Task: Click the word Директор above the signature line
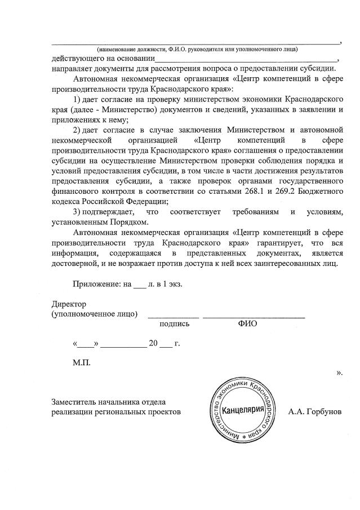point(68,304)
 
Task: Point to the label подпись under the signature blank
point(174,324)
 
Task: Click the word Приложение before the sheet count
point(96,284)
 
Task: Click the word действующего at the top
point(75,59)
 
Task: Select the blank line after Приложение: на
point(139,287)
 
